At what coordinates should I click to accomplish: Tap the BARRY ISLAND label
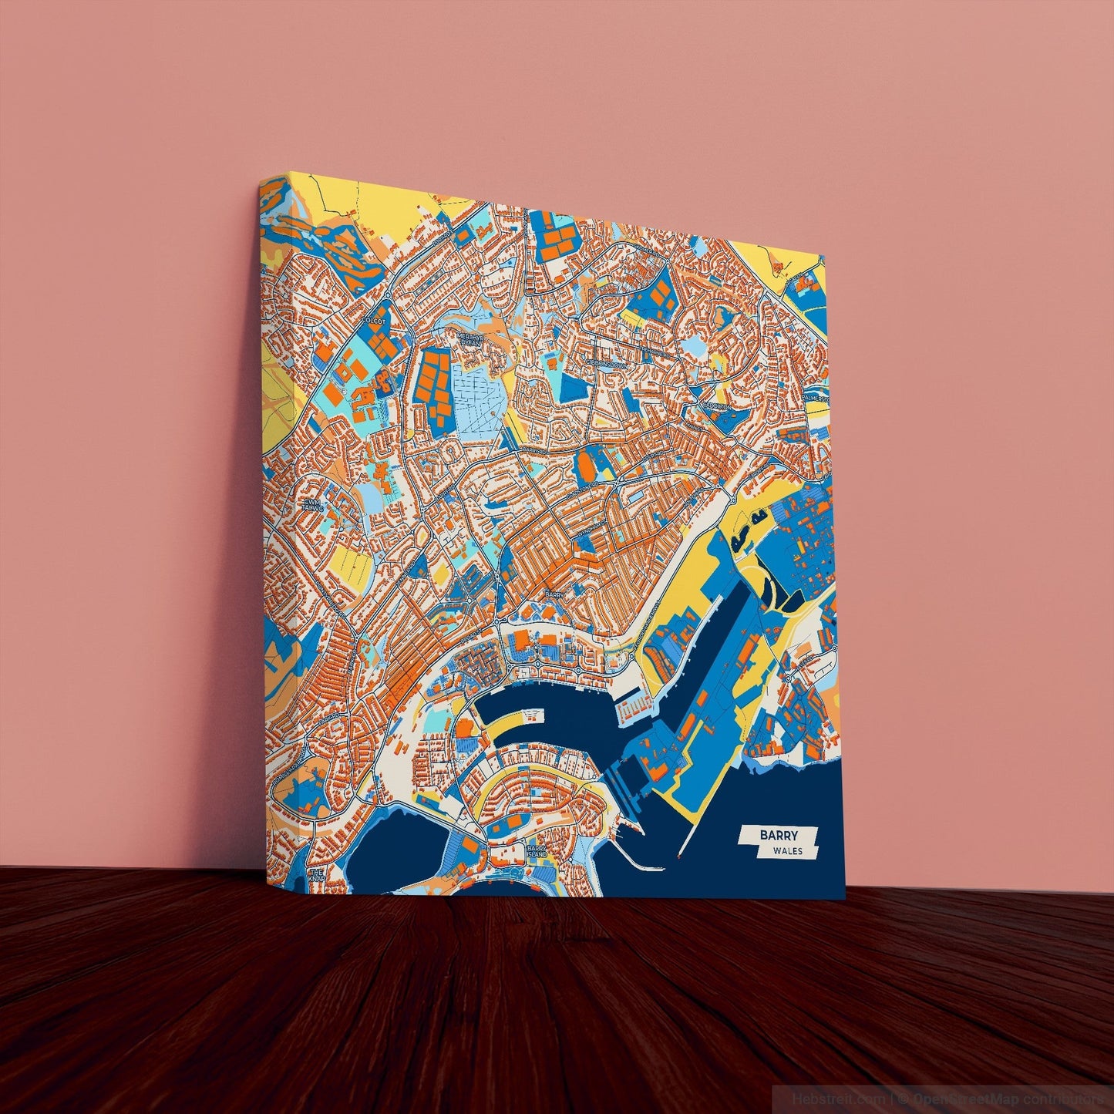[x=537, y=851]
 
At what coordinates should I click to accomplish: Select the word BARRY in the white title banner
[x=779, y=835]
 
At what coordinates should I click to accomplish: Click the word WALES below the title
[x=786, y=852]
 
